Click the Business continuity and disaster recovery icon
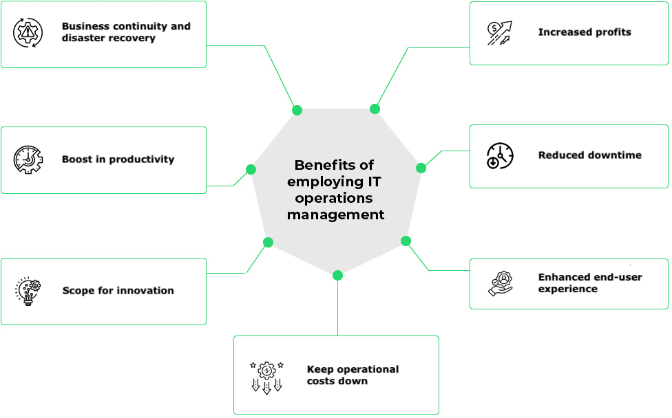point(28,32)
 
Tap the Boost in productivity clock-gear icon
point(28,159)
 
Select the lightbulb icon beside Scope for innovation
point(28,291)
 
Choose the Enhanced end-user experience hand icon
point(501,283)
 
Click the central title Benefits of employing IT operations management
point(335,190)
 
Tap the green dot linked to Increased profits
point(375,109)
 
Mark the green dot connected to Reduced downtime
point(421,168)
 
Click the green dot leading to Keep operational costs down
point(337,275)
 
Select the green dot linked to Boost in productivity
point(251,169)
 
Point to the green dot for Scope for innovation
point(268,242)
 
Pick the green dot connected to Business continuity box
point(297,110)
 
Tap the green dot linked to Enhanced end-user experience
point(406,241)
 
